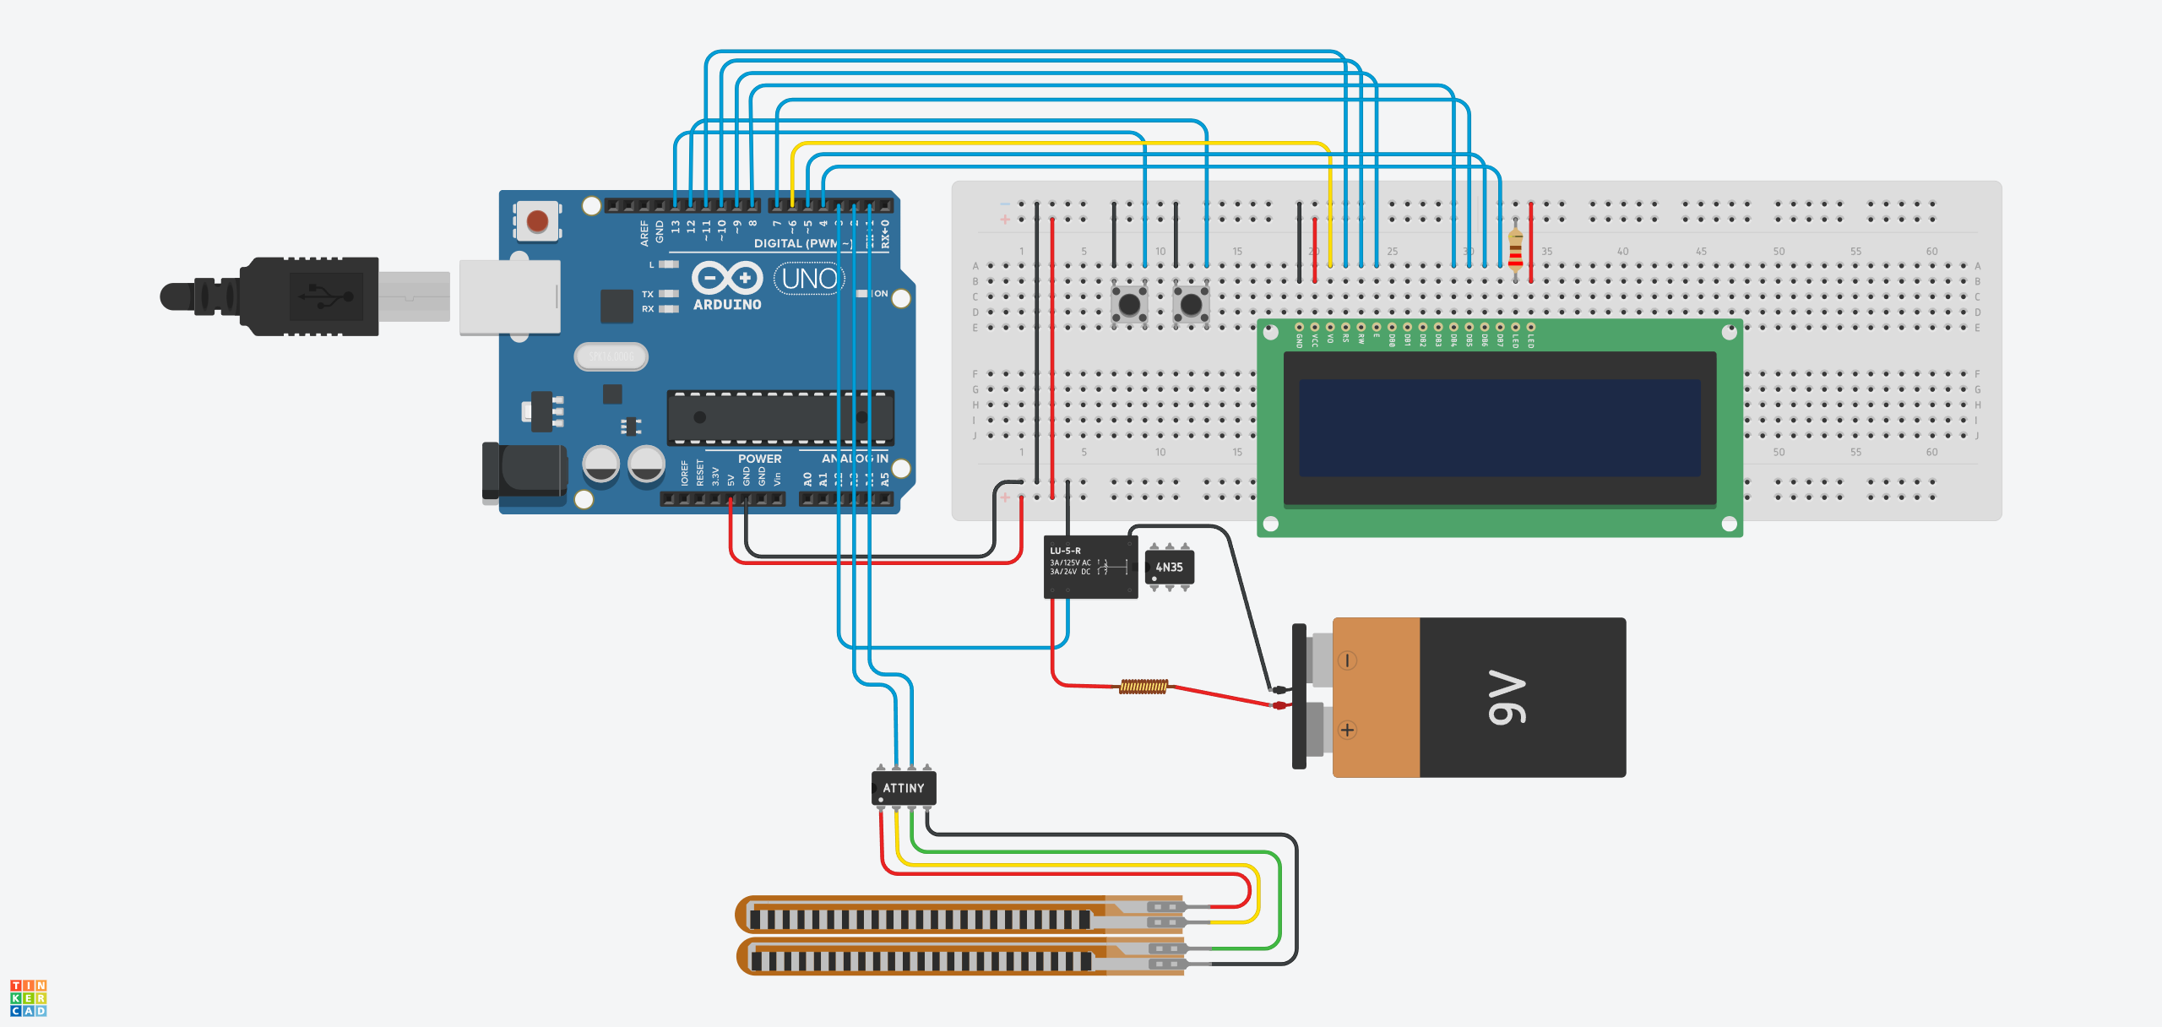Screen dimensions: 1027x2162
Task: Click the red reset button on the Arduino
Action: click(537, 221)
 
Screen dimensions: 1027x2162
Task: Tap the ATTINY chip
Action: click(903, 788)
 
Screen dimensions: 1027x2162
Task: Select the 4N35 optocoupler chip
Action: click(1170, 568)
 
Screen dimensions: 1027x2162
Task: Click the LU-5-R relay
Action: click(1089, 567)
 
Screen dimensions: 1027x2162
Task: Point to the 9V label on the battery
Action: click(1507, 698)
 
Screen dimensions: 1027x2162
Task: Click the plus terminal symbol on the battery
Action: click(1347, 730)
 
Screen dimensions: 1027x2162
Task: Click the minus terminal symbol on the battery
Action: click(1347, 660)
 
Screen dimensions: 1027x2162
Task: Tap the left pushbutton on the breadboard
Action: click(1129, 303)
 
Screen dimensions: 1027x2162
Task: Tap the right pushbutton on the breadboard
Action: click(1191, 303)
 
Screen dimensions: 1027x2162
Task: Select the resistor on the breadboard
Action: click(1515, 250)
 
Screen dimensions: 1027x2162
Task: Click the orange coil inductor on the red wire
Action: click(1143, 687)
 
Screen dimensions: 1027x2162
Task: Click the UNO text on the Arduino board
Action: click(809, 278)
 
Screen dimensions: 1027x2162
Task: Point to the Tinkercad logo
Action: click(28, 997)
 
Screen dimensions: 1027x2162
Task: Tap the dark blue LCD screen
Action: click(1499, 427)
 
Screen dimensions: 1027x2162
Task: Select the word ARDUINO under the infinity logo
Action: click(727, 305)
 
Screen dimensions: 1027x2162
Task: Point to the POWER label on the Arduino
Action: click(759, 459)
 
